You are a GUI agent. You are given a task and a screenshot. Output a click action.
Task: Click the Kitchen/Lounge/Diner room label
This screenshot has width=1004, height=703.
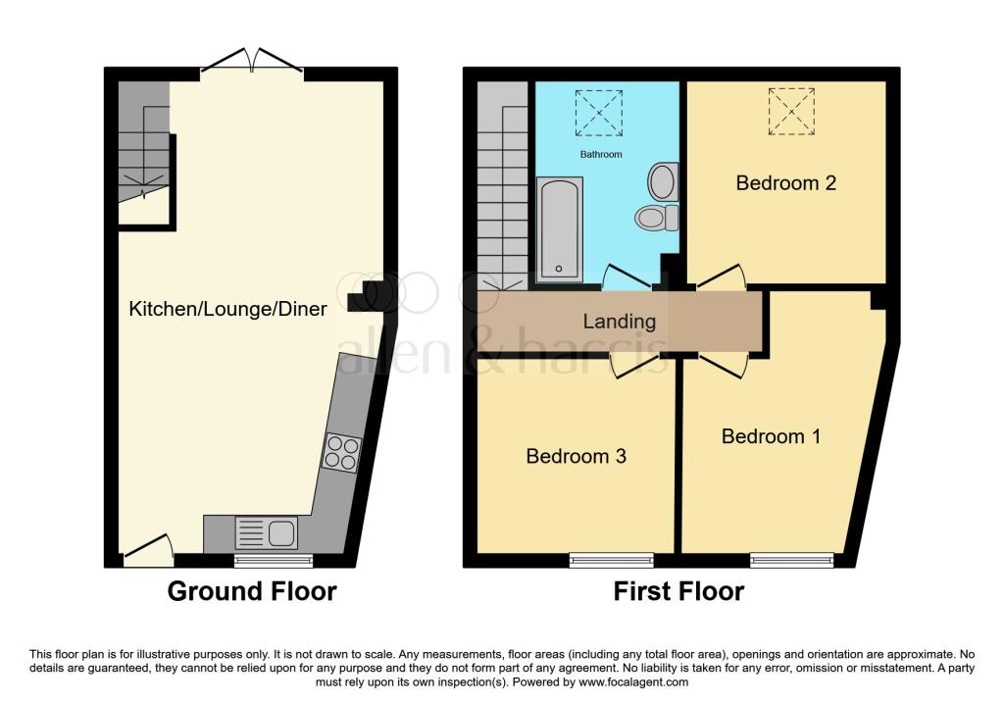[x=227, y=309]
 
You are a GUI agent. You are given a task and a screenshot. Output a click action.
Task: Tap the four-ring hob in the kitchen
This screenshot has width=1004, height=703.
[x=341, y=453]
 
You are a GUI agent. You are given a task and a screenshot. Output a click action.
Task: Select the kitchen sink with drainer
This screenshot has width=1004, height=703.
[x=267, y=533]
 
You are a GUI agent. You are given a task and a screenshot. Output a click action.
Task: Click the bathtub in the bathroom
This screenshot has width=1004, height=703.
[x=560, y=229]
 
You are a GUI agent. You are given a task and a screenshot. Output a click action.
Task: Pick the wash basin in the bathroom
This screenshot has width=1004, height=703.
[x=663, y=181]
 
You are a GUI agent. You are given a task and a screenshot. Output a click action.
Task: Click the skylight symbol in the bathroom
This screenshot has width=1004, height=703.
[x=599, y=113]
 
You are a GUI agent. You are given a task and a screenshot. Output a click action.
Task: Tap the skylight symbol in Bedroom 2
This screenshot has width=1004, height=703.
[x=791, y=112]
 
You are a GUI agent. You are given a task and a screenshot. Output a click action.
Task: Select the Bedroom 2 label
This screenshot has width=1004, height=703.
[x=786, y=183]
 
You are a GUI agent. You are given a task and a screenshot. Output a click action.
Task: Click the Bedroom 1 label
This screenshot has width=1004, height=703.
[x=771, y=436]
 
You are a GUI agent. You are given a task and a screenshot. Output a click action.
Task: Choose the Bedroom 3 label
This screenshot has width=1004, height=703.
[x=577, y=457]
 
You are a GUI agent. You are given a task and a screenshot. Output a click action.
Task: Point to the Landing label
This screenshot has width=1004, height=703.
[x=620, y=322]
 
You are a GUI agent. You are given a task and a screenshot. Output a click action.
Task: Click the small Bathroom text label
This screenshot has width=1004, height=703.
[x=601, y=154]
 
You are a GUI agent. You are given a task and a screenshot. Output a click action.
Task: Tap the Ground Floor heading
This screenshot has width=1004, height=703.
[x=252, y=591]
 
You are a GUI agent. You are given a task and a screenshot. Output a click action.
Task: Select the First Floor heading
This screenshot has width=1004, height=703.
[x=678, y=591]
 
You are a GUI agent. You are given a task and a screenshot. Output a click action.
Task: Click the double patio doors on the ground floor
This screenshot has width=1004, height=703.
[x=252, y=62]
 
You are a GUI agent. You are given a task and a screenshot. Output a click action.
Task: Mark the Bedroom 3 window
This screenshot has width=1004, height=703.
[x=612, y=560]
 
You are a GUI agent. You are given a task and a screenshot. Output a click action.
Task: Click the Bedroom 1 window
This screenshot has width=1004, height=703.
[x=792, y=560]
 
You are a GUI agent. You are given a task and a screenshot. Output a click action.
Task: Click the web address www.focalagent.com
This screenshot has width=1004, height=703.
[x=633, y=682]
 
